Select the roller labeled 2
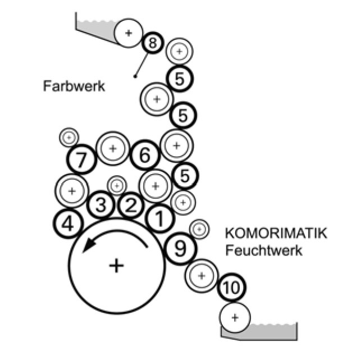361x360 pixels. (130, 205)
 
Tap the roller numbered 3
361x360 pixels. (101, 205)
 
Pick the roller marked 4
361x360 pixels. (68, 224)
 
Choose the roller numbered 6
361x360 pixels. (145, 155)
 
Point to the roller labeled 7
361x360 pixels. (82, 160)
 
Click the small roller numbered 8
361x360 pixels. (153, 43)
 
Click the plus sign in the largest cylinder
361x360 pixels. (116, 265)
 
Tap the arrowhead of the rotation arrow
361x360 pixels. (86, 249)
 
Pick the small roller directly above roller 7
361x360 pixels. (69, 136)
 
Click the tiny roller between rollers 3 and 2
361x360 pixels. (117, 185)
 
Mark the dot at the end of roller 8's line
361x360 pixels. (135, 76)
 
